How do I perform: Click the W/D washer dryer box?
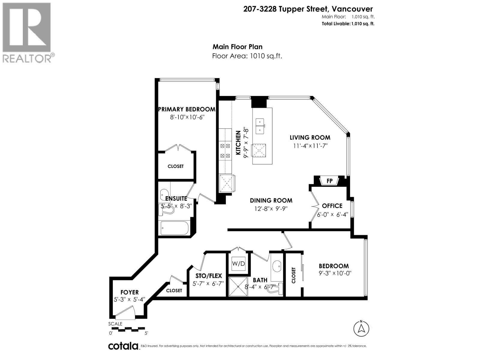[238, 264]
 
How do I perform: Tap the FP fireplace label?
[329, 181]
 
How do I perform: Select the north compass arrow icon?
[361, 328]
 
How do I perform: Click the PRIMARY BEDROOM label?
[187, 109]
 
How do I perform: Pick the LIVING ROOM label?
[310, 138]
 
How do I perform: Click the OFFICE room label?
[332, 206]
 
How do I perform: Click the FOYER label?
[130, 292]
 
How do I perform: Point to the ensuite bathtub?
[174, 228]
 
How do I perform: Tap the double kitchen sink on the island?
[260, 126]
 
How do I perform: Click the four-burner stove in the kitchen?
[225, 151]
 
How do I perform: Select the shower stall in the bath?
[238, 286]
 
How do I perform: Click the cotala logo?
[123, 346]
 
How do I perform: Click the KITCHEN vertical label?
[238, 142]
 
